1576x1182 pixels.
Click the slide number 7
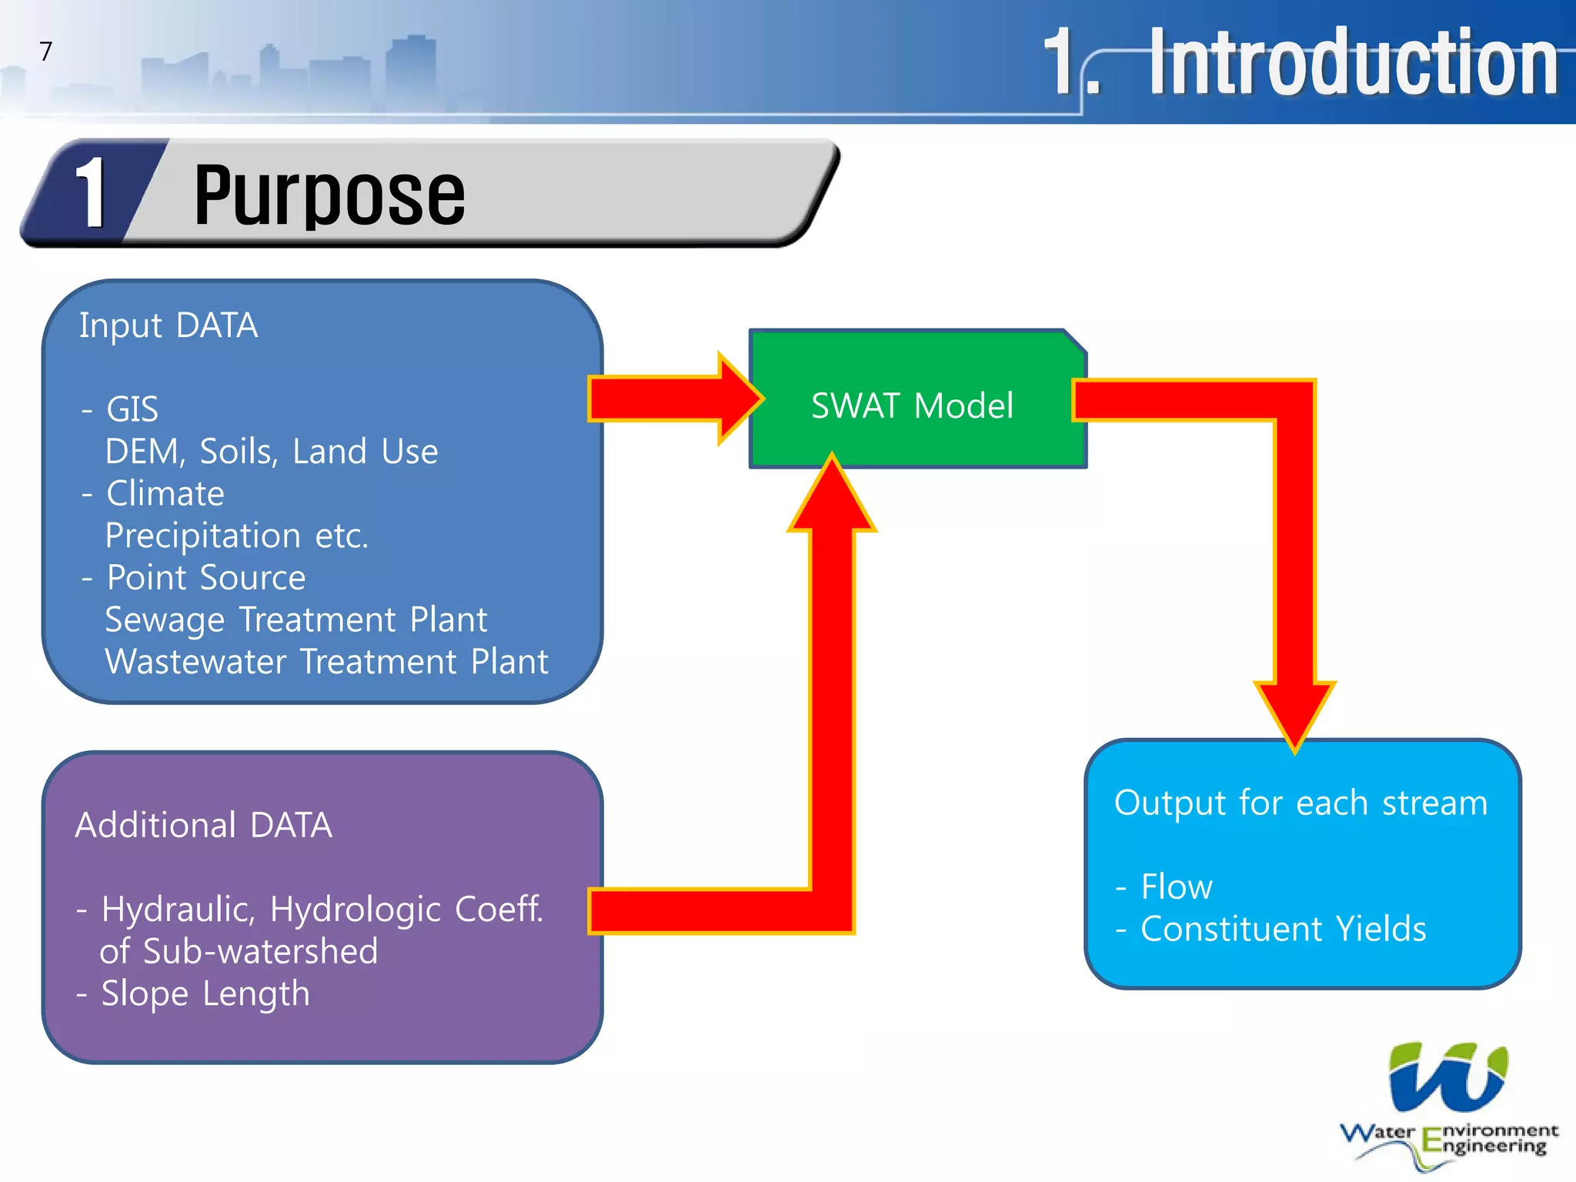tap(46, 52)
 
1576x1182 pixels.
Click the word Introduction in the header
tap(1352, 63)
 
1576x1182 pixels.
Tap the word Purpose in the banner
tap(329, 195)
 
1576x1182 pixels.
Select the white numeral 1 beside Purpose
tap(92, 194)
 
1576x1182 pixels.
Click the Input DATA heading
tap(169, 326)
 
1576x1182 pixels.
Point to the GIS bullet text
tap(132, 409)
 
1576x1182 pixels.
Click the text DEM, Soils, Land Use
tap(271, 452)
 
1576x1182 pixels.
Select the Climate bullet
tap(165, 493)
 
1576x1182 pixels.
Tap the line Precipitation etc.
tap(236, 536)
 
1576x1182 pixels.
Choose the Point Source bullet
tap(205, 578)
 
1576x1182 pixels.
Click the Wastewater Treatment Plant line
tap(326, 662)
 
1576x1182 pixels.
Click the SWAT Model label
tap(912, 406)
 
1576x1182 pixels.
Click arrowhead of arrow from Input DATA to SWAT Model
tap(739, 399)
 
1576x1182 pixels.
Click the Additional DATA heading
tap(203, 825)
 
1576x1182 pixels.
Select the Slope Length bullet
tap(205, 993)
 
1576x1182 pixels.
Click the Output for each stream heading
tap(1301, 803)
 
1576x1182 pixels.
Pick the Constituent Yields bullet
tap(1283, 929)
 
